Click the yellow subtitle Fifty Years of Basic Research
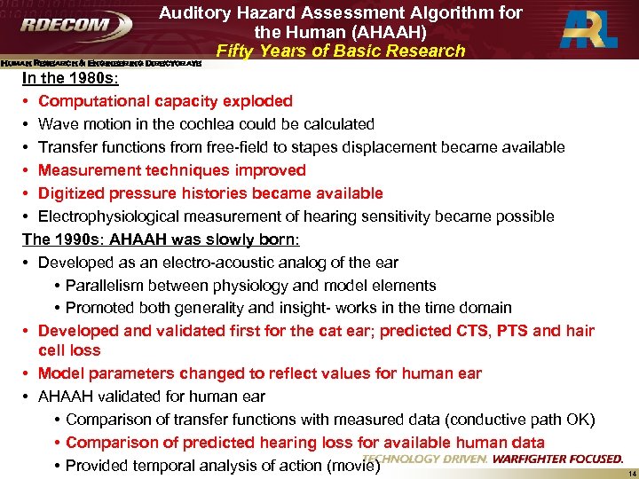pos(341,51)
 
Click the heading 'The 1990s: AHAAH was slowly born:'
pos(161,239)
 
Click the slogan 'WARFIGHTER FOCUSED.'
pos(557,459)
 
